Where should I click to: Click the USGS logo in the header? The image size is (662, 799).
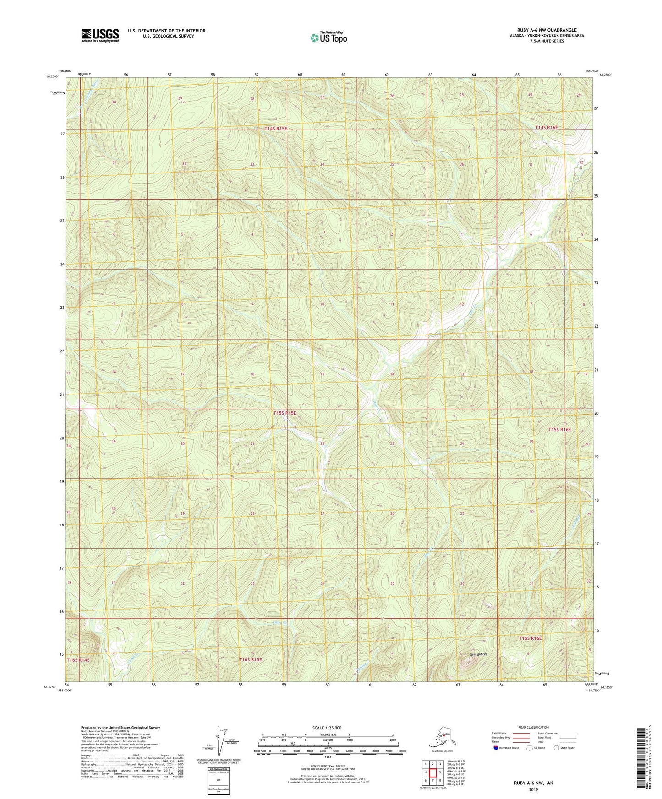pos(100,35)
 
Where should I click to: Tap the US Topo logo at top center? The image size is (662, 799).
pos(328,38)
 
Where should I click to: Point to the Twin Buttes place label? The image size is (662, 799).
pos(478,654)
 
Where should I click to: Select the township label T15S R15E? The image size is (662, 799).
pos(284,413)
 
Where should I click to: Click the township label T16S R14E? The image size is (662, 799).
pos(78,660)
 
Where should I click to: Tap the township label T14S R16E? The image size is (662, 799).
pos(547,128)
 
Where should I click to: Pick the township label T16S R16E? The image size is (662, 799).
pos(530,638)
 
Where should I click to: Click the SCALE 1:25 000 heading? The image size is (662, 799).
pos(327,728)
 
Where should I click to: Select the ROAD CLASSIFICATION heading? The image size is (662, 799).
pos(533,727)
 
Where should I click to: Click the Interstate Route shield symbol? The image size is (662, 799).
pos(497,748)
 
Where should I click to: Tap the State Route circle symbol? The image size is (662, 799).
pos(557,748)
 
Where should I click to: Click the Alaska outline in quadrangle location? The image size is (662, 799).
pos(442,738)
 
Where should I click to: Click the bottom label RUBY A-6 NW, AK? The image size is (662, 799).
pos(533,783)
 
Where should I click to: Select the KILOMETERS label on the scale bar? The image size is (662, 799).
pos(327,735)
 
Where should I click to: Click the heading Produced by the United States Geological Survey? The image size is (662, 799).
pos(120,728)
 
